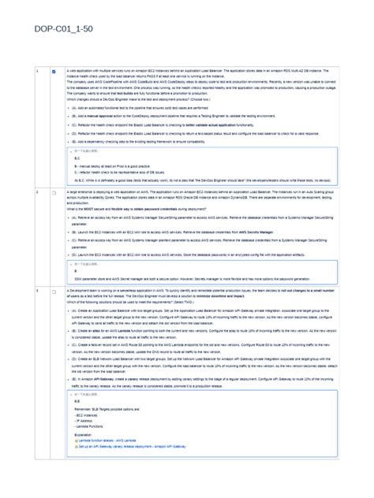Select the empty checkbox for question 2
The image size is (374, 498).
click(54, 191)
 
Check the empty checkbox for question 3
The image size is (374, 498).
click(54, 292)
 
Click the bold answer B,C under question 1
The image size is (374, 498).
click(77, 158)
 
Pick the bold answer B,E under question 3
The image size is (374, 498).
click(77, 400)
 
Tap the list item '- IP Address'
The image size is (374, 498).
click(84, 419)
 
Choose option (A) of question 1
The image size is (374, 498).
click(158, 108)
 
